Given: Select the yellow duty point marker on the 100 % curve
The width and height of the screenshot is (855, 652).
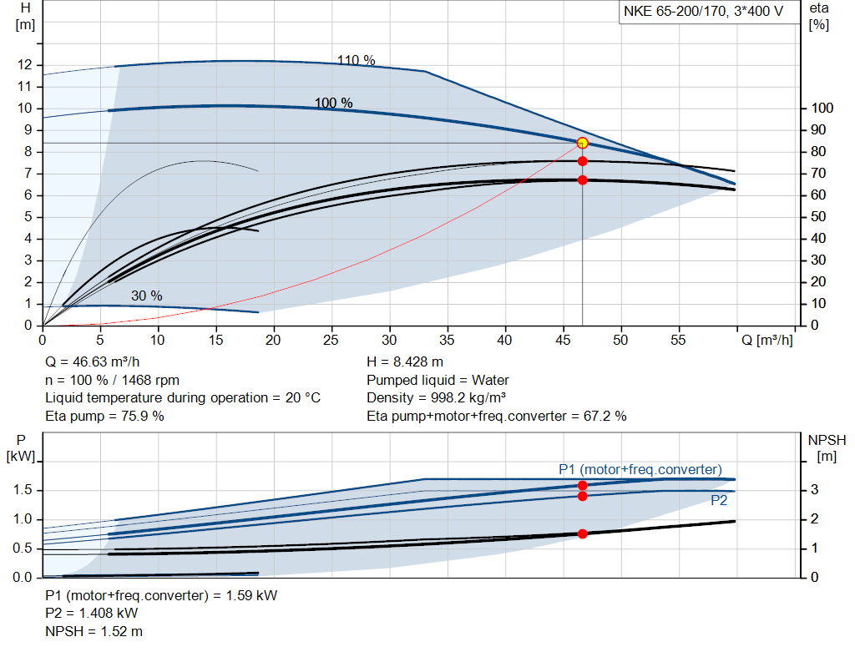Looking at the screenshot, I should (582, 143).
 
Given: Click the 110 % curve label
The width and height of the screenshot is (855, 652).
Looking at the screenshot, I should (357, 60).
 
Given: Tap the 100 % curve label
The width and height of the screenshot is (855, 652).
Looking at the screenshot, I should (333, 103).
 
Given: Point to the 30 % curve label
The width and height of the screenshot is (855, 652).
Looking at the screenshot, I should (146, 296).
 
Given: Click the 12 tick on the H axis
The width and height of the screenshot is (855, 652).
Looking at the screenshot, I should (24, 65).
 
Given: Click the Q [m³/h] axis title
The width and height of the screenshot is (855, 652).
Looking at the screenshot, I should (766, 341).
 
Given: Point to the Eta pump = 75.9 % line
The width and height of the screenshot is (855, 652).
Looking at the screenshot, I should (104, 415).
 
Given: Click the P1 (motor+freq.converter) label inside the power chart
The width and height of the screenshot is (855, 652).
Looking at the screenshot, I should (640, 469).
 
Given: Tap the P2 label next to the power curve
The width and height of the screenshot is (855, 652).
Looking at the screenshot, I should (719, 500).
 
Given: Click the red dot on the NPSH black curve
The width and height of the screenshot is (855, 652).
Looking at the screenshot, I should (582, 533).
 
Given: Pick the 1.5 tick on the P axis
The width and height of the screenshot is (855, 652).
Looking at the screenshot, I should (23, 490).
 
